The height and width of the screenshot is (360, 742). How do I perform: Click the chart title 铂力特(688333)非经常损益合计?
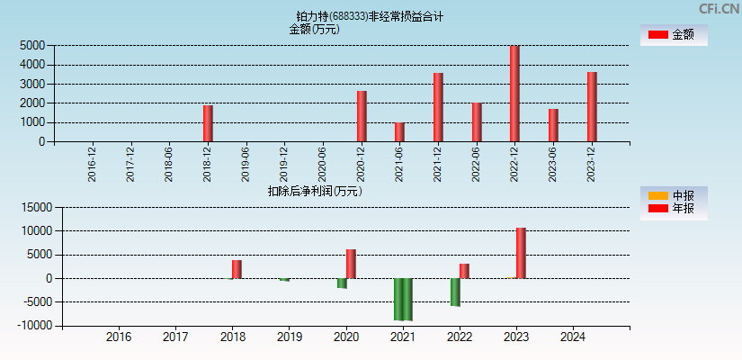pyautogui.click(x=370, y=16)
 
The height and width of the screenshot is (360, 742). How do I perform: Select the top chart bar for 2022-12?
pyautogui.click(x=514, y=94)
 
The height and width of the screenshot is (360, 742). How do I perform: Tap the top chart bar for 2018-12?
pyautogui.click(x=208, y=123)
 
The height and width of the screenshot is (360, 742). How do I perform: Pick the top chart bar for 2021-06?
pyautogui.click(x=399, y=132)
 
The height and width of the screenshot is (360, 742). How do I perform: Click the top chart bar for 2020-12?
pyautogui.click(x=362, y=116)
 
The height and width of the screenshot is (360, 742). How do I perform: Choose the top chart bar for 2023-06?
pyautogui.click(x=553, y=125)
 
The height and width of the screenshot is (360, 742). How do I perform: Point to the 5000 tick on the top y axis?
pyautogui.click(x=34, y=45)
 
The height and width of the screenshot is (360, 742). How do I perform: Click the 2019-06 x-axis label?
pyautogui.click(x=246, y=165)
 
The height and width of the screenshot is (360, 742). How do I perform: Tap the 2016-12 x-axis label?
pyautogui.click(x=93, y=165)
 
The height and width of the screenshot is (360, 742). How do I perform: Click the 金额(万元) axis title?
pyautogui.click(x=314, y=29)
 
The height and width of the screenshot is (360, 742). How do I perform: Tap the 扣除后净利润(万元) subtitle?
pyautogui.click(x=314, y=191)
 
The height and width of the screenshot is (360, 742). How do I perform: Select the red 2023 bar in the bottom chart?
pyautogui.click(x=521, y=253)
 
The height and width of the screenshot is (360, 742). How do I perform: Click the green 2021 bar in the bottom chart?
pyautogui.click(x=403, y=299)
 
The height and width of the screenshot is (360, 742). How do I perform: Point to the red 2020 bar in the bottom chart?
pyautogui.click(x=351, y=264)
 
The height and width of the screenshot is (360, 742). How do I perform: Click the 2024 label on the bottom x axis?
pyautogui.click(x=573, y=337)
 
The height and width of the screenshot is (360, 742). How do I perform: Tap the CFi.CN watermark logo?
pyautogui.click(x=719, y=8)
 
